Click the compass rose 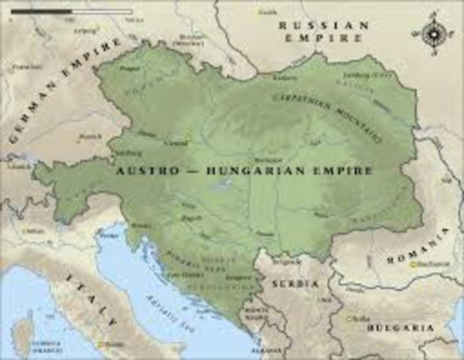tap(432, 34)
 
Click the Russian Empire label tap(324, 31)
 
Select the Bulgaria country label tap(405, 328)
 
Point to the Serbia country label tap(294, 284)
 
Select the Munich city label tap(90, 136)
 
